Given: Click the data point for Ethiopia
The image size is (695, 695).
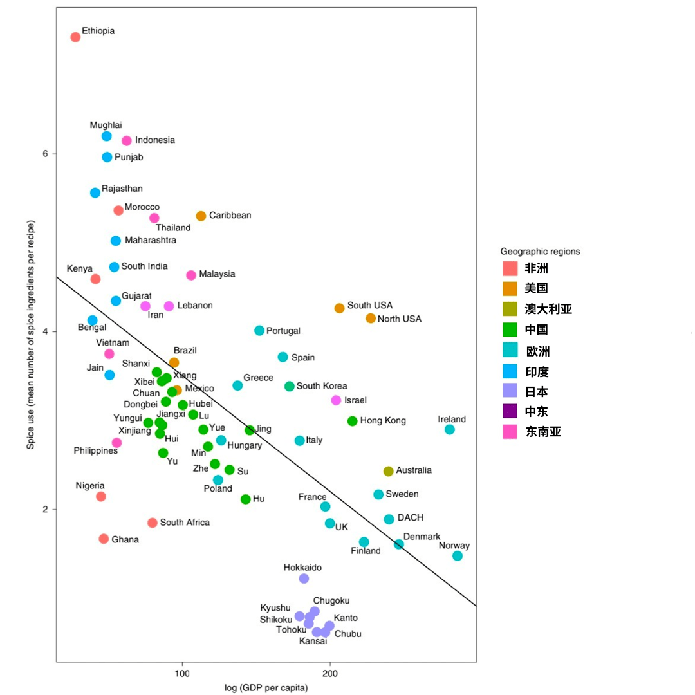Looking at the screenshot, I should pyautogui.click(x=75, y=37).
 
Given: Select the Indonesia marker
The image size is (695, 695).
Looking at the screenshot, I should pyautogui.click(x=127, y=140).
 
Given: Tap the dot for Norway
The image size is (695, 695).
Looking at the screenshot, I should pyautogui.click(x=458, y=556).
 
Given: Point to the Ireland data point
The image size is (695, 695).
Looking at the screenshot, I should pyautogui.click(x=450, y=429).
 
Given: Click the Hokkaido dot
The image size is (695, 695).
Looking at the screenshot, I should pyautogui.click(x=304, y=579).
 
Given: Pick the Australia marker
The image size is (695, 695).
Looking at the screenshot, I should pyautogui.click(x=388, y=471).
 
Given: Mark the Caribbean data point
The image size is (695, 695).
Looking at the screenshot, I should pyautogui.click(x=201, y=216).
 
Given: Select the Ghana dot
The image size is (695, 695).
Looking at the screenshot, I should pyautogui.click(x=104, y=539).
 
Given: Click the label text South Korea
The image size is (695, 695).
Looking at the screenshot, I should pyautogui.click(x=322, y=386).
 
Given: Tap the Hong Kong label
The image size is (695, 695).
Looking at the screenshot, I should pyautogui.click(x=383, y=421).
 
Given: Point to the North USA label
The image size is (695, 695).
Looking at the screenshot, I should pyautogui.click(x=399, y=319).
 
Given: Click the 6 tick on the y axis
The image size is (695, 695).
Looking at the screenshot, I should pyautogui.click(x=46, y=154).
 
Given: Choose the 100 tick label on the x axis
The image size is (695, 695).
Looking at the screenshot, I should pyautogui.click(x=182, y=674).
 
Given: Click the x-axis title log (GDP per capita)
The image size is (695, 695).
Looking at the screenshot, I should pyautogui.click(x=266, y=688).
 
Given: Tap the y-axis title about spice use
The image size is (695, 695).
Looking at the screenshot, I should pyautogui.click(x=30, y=344).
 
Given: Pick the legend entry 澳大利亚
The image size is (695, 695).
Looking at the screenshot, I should pyautogui.click(x=548, y=309).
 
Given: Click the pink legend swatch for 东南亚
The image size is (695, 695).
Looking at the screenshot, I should pyautogui.click(x=510, y=432).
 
